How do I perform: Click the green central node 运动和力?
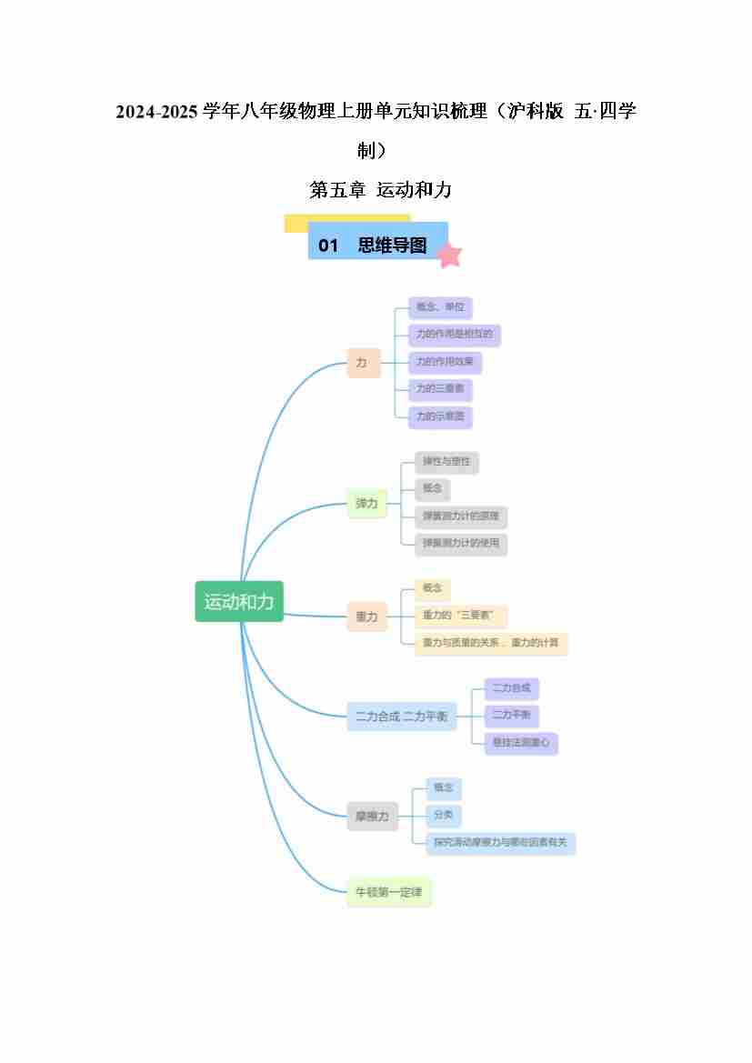pos(239,601)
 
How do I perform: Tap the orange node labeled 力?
pos(363,363)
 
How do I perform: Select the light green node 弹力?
pos(366,503)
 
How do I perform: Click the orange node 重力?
pos(366,617)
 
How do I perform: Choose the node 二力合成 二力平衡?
pos(401,716)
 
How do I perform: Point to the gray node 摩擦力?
pos(372,817)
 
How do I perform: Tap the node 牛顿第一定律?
pos(389,892)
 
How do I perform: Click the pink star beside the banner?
pos(448,256)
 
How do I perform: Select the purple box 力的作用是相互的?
pos(454,335)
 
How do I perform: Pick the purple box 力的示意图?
pos(440,417)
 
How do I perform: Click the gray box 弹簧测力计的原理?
pos(459,516)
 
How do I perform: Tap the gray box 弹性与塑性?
pos(446,462)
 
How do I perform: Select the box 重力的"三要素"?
pos(460,616)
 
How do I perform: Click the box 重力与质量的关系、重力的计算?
pos(490,644)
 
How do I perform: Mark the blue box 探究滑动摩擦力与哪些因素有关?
pos(500,843)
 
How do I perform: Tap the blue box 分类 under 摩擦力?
pos(443,815)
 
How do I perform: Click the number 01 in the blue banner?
pos(328,246)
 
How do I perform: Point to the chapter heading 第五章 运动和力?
pos(380,190)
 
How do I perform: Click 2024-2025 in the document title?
pos(156,112)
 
